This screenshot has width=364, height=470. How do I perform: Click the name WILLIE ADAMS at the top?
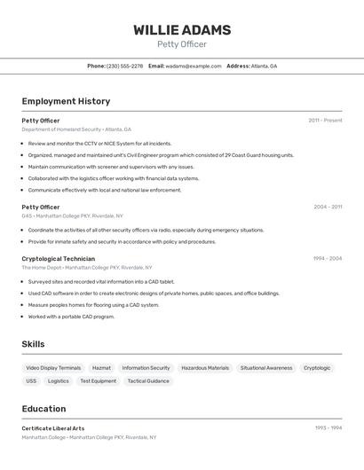coord(182,30)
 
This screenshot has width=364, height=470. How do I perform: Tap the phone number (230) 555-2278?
coord(124,66)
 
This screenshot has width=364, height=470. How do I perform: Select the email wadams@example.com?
coord(193,66)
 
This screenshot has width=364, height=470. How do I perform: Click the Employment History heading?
coord(66,101)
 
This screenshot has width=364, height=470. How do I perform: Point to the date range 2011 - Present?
coord(325,121)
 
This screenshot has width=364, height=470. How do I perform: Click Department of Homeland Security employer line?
coord(76,129)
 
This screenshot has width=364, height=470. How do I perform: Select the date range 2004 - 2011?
coord(328,207)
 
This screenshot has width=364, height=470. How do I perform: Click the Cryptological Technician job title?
coord(59,258)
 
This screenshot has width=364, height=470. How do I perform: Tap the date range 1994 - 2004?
coord(328,258)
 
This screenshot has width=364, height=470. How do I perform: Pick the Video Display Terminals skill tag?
coord(53,368)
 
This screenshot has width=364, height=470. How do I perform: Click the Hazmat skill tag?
coord(101,368)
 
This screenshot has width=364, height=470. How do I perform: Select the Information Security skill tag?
coord(146,368)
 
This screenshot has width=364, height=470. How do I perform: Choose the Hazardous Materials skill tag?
coord(205,368)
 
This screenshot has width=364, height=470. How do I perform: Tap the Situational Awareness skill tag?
coord(266,368)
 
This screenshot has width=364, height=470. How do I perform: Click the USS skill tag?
coord(31,381)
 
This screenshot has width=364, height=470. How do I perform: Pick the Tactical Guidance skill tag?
coord(148,381)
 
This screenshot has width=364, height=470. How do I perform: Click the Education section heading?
coord(44,409)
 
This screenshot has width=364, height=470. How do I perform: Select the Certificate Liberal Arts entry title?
coord(53,428)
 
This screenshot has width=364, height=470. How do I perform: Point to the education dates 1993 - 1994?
coord(328,428)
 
